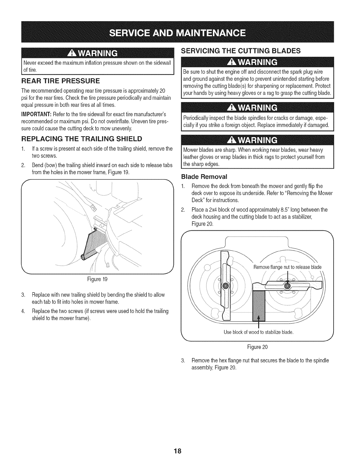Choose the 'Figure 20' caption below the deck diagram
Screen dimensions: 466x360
(258, 347)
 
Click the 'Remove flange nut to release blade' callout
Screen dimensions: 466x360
(287, 267)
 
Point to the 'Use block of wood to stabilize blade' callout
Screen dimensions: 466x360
(259, 332)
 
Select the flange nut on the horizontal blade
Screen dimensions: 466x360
(287, 285)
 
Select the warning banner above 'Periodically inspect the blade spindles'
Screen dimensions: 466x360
(255, 107)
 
